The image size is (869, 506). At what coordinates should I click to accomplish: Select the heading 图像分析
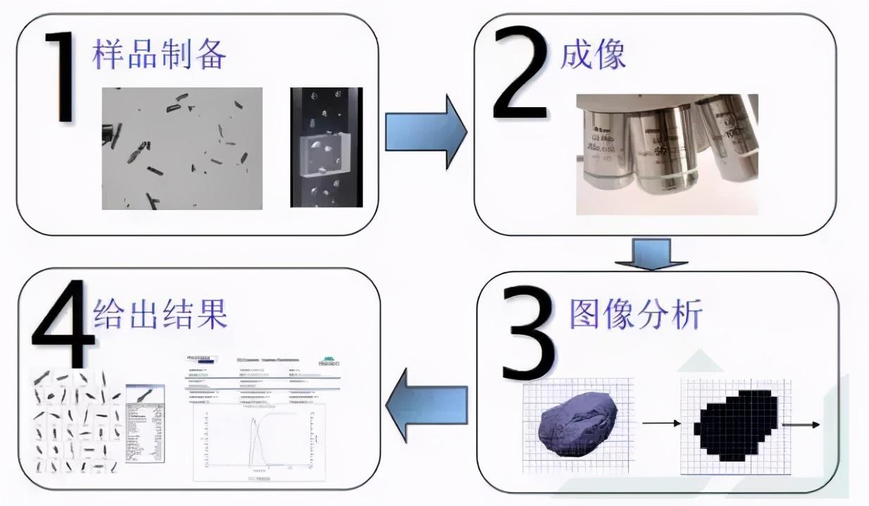click(x=634, y=315)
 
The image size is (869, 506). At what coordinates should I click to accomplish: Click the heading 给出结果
click(x=161, y=315)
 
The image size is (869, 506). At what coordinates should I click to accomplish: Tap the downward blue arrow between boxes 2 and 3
click(x=651, y=254)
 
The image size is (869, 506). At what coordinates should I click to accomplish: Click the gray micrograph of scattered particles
click(x=182, y=148)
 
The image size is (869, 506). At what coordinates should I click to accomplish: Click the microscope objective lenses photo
click(x=666, y=154)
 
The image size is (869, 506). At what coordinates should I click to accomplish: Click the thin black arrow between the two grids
click(x=661, y=424)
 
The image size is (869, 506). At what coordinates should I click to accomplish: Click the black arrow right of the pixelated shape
click(x=801, y=425)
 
